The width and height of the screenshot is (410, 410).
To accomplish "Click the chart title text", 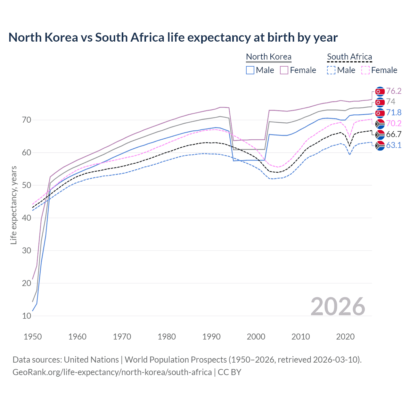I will pos(173,37).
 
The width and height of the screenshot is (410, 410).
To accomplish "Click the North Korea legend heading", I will pos(268,57).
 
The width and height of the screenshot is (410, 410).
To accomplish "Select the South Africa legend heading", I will pos(349,57).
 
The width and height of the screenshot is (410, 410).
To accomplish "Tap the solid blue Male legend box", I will pos(250,70).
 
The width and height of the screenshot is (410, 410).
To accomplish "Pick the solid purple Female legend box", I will pos(284,70).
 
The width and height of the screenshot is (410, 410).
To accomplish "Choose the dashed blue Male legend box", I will pos(331,70).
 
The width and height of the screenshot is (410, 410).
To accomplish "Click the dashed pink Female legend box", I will pos(365,70).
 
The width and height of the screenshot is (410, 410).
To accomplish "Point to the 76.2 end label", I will pos(394,91).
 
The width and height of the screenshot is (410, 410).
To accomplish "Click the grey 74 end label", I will pos(391,102).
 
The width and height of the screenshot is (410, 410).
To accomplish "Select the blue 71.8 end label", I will pos(394,112).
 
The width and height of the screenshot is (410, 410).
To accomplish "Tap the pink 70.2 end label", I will pos(394,123).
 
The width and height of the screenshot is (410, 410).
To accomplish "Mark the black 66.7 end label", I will pos(394,134).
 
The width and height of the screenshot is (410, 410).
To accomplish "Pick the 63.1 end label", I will pos(394,145).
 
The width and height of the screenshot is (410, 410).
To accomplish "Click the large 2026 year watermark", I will pos(338,307).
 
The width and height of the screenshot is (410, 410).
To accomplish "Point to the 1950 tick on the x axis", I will pos(33,337).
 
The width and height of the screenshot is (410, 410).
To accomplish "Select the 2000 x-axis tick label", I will pos(256,337).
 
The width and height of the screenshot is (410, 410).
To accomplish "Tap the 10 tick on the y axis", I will pos(27,316).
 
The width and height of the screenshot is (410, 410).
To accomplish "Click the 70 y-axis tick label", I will pos(27,120).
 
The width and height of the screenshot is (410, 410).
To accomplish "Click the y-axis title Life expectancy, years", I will pos(13,205).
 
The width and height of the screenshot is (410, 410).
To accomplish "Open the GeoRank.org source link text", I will pos(112,372).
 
